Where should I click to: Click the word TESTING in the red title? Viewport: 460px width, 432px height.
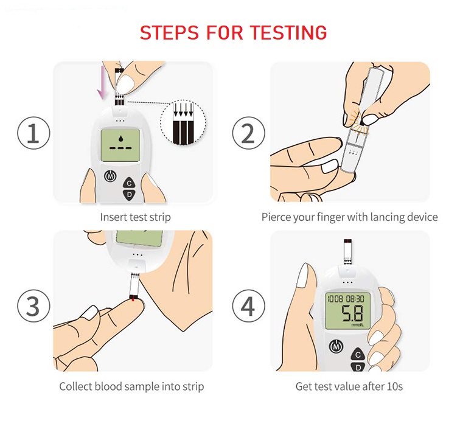point(288,32)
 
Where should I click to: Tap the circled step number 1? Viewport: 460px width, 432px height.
point(33,133)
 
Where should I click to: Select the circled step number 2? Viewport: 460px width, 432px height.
point(248,133)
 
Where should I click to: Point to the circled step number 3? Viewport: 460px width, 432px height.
point(33,306)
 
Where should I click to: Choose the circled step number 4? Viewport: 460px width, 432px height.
point(248,306)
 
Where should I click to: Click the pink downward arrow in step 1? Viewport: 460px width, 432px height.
point(102,82)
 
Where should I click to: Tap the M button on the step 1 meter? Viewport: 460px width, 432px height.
point(111,176)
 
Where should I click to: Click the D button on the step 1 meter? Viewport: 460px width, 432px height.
point(129,195)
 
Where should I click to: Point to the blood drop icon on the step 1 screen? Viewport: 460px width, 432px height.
point(120,139)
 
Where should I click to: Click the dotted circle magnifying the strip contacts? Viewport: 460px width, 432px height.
point(183,122)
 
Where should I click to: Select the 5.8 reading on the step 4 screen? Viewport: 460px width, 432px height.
point(352,313)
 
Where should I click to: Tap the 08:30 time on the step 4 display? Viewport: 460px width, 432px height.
point(355,299)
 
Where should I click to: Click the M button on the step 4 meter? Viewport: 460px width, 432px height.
point(336,346)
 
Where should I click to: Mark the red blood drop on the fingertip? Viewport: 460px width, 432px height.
point(133,299)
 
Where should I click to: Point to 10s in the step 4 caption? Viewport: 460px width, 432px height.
point(394,386)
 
